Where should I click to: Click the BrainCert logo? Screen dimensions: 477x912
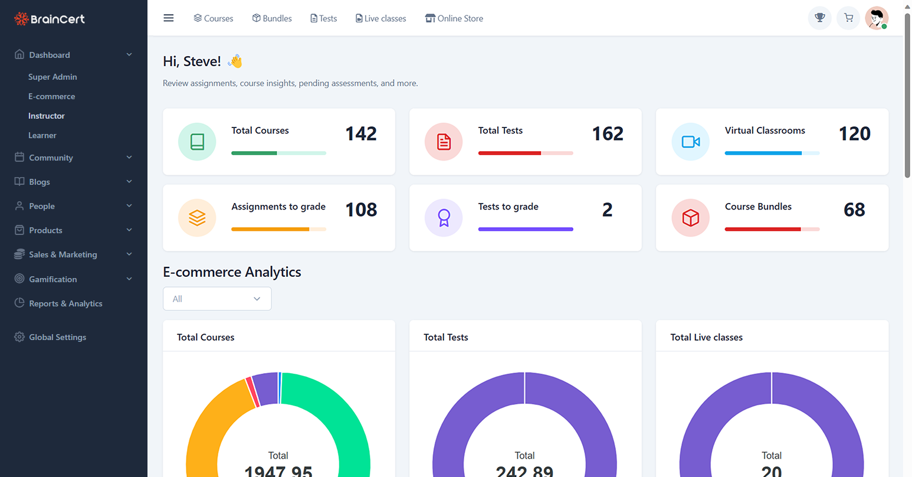pos(50,19)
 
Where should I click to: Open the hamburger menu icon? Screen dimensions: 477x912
pos(169,18)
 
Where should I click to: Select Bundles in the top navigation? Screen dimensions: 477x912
pos(272,18)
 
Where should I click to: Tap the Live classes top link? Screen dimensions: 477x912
pos(380,18)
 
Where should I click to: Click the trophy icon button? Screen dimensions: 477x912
pos(819,18)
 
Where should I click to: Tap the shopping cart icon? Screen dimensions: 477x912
pos(848,18)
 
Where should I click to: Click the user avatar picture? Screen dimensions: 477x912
pos(877,18)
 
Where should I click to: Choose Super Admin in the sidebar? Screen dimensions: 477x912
pos(53,77)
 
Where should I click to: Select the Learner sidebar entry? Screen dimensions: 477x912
pos(42,135)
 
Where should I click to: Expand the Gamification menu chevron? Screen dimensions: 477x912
pos(129,279)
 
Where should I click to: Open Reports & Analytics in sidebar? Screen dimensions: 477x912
pos(65,303)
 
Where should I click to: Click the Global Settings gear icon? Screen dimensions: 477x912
pos(19,337)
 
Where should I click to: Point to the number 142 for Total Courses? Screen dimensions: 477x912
pos(360,134)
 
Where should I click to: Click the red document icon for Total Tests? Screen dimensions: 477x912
pos(444,142)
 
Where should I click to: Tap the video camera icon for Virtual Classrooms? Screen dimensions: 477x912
pos(690,142)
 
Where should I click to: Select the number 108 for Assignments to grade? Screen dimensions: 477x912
pos(360,210)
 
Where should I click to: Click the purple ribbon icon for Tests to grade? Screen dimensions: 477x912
pos(444,218)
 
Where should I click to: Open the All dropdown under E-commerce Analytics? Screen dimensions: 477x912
pos(217,299)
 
